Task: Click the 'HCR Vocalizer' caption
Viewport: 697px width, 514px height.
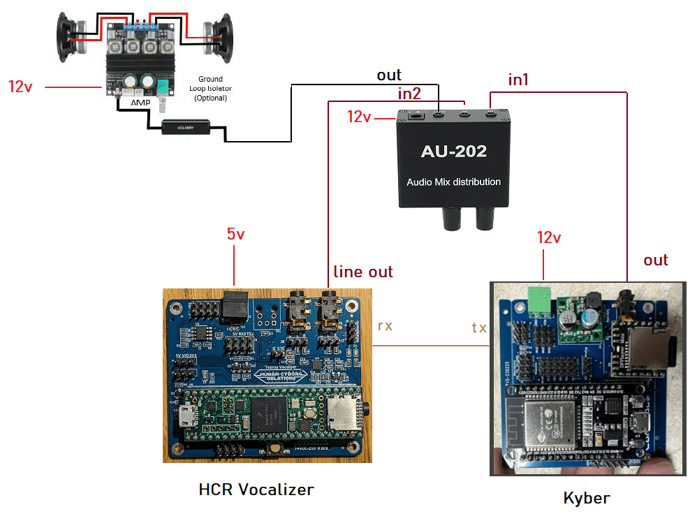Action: (256, 490)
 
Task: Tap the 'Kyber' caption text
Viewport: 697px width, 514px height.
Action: (587, 498)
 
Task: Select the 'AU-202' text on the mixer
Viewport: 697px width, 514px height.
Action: (453, 151)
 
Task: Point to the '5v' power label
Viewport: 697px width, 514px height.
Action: (236, 234)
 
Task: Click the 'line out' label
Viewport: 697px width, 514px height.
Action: (363, 271)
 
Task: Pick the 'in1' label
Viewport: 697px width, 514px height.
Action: (518, 80)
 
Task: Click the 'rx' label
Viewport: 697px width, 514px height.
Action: (385, 325)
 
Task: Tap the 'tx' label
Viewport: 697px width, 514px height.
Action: (479, 327)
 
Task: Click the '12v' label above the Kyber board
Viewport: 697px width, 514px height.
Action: (549, 237)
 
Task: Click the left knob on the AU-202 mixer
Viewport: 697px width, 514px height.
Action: (448, 220)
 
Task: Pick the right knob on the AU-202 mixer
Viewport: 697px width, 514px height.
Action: (484, 220)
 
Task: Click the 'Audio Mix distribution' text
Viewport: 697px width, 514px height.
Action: (453, 182)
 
